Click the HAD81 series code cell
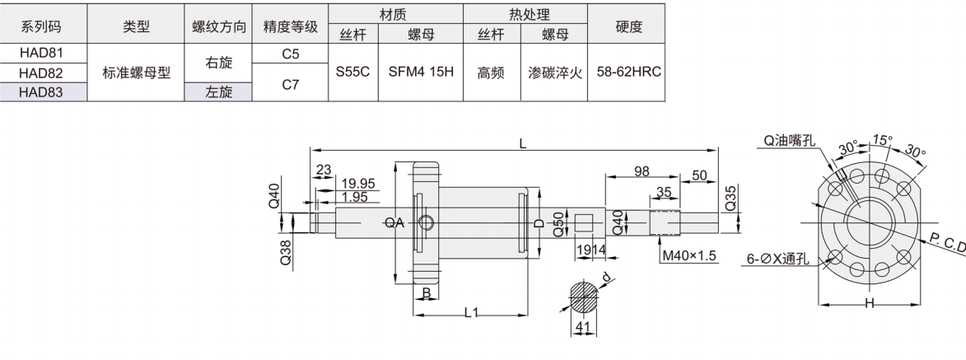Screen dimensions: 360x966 (x=42, y=54)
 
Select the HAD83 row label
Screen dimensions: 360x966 (x=42, y=91)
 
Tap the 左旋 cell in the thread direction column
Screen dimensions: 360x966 (x=217, y=91)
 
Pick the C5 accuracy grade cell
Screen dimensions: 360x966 (x=290, y=54)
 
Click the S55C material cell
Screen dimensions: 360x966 (x=352, y=72)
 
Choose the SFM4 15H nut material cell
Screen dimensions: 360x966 (x=421, y=72)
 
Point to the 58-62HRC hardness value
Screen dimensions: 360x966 (x=628, y=72)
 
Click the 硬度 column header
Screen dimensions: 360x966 (x=628, y=26)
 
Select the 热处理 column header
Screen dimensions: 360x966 (x=525, y=14)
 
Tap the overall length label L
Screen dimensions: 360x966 (x=522, y=143)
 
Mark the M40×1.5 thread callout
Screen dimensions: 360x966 (x=689, y=257)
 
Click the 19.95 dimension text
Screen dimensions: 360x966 (x=357, y=183)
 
